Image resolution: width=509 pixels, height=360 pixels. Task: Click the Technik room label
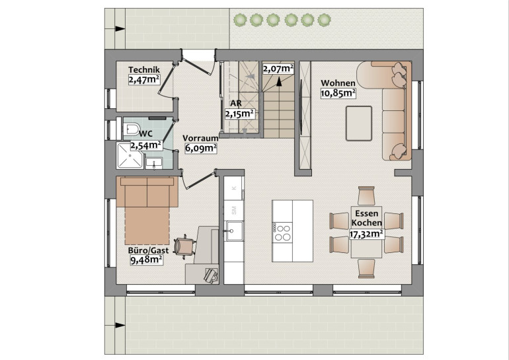click(x=144, y=70)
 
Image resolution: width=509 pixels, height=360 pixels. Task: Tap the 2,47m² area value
click(x=144, y=79)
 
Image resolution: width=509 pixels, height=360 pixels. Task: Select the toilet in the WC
click(x=131, y=129)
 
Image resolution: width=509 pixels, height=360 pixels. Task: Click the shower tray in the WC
click(x=130, y=156)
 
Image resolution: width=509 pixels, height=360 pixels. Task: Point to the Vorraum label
click(x=200, y=138)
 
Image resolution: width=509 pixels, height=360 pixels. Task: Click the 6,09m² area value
click(x=201, y=148)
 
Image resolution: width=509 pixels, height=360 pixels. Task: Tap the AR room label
click(x=236, y=104)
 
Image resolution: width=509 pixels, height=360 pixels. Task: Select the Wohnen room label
click(x=338, y=83)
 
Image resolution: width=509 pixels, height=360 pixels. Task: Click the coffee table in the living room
click(x=359, y=124)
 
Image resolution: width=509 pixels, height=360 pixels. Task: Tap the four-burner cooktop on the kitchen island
click(x=282, y=232)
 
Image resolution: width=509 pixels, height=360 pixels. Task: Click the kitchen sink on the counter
click(x=235, y=231)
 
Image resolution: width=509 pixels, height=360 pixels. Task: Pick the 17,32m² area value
click(x=366, y=234)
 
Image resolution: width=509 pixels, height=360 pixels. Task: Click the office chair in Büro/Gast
click(x=184, y=246)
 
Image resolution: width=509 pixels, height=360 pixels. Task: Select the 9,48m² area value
click(x=146, y=260)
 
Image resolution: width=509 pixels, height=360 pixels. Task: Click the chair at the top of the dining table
click(x=366, y=196)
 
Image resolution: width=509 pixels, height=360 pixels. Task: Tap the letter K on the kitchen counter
click(x=235, y=188)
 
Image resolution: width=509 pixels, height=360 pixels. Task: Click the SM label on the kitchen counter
click(x=234, y=211)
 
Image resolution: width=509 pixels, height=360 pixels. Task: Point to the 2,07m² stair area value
click(x=278, y=69)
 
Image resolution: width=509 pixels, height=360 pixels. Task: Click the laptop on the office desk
click(x=211, y=275)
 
